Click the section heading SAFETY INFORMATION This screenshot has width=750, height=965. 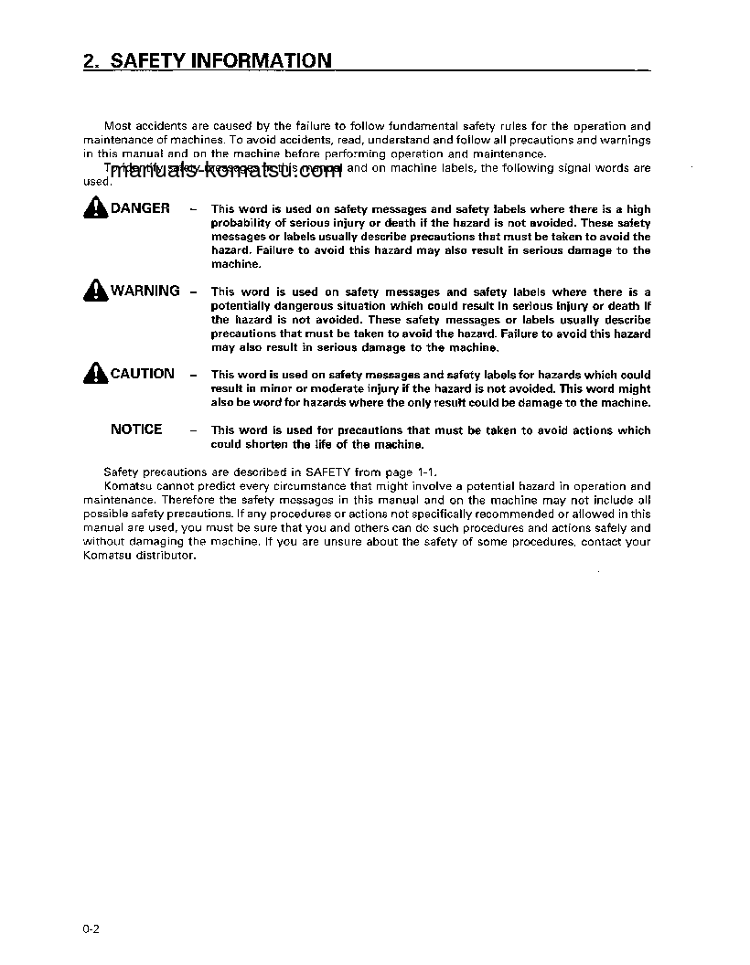(x=220, y=61)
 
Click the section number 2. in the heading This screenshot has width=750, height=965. (x=91, y=61)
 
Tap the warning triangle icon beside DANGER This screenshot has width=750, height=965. (x=95, y=209)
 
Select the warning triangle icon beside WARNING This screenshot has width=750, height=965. (x=95, y=292)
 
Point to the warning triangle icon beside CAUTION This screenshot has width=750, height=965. (x=95, y=374)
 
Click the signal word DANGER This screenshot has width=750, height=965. (x=140, y=208)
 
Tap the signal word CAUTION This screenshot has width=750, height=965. (x=142, y=373)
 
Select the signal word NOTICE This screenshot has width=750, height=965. (x=136, y=429)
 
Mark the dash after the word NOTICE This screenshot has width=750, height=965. (x=193, y=430)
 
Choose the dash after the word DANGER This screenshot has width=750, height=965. (x=193, y=210)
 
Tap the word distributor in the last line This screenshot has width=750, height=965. (x=167, y=556)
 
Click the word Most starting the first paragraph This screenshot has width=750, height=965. (x=117, y=126)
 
